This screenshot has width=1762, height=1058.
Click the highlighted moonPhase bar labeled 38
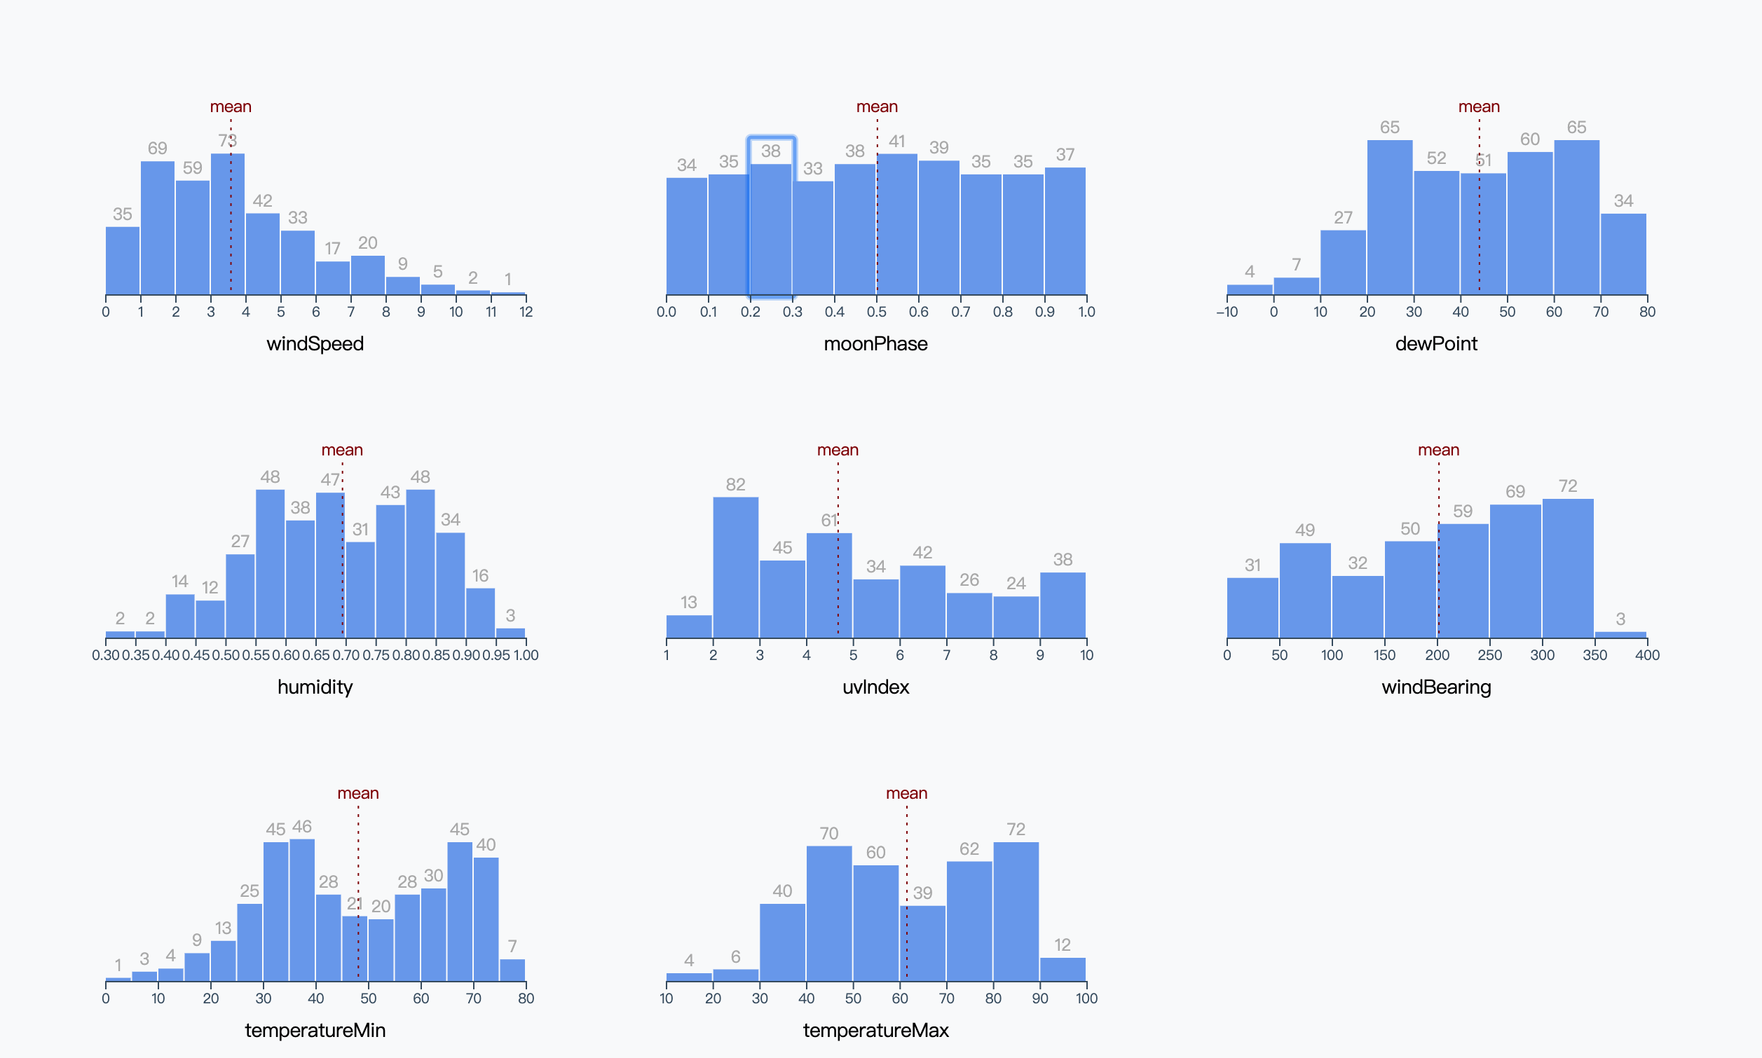pos(771,228)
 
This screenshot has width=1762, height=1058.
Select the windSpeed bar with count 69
pos(158,228)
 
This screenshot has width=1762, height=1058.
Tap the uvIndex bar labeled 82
pos(735,568)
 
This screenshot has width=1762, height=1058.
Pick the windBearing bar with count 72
pos(1567,568)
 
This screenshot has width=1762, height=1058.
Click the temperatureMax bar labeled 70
pos(828,913)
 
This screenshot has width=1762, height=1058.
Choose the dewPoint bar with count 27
pos(1343,262)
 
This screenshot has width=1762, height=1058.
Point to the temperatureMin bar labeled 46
pos(301,909)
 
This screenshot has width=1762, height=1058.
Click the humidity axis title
pos(315,687)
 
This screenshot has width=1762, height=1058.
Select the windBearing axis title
pos(1436,687)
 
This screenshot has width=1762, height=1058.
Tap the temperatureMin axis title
pos(315,1030)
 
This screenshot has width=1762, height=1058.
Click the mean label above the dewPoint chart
pos(1479,107)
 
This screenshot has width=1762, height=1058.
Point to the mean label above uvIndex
pos(838,450)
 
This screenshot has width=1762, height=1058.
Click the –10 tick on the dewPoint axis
pos(1227,312)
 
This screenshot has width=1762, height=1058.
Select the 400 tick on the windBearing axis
pos(1647,655)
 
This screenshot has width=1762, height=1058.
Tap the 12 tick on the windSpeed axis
pos(526,312)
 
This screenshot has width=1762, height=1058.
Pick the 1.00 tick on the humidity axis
pos(526,655)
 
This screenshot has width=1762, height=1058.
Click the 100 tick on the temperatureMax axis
pos(1087,998)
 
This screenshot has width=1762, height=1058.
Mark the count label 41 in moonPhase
pos(897,141)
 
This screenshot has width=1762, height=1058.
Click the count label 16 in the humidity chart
pos(480,575)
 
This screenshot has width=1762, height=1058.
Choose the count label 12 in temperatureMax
pos(1063,944)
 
